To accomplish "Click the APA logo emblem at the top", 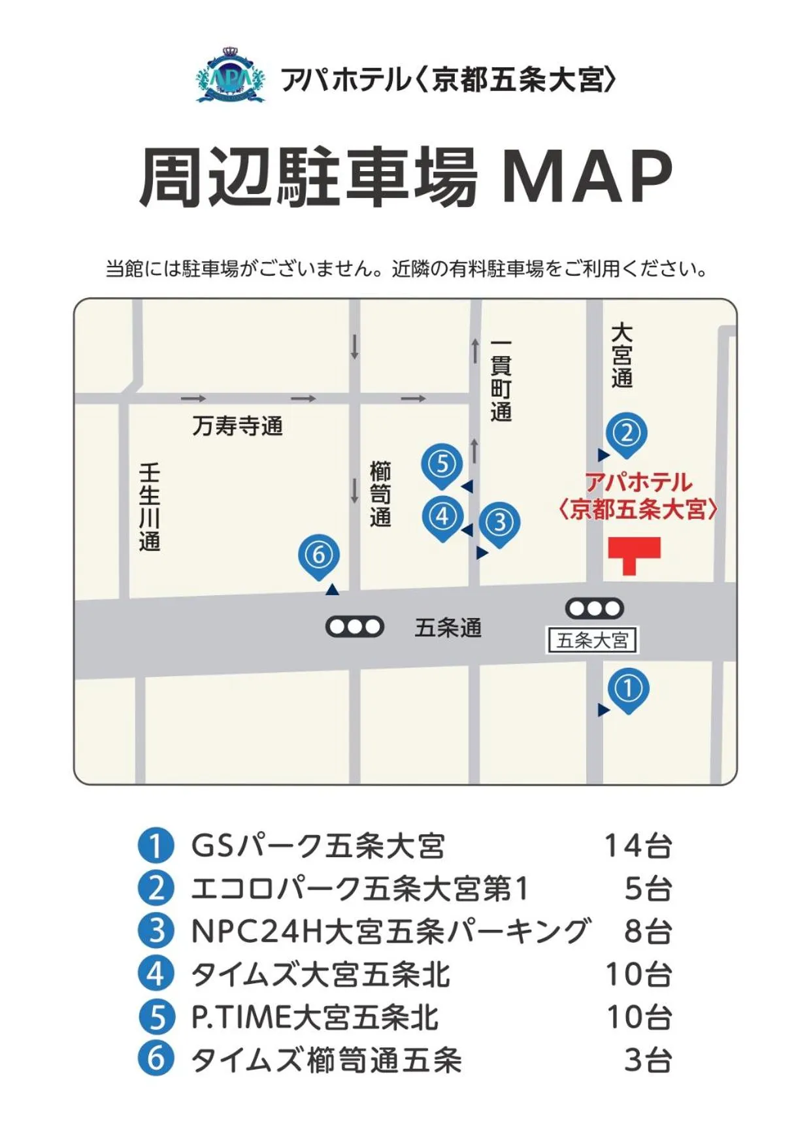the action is tap(231, 77).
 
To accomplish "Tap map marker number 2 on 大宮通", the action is tap(626, 433).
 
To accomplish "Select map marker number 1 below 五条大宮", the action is tap(628, 689).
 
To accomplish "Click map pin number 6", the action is tap(318, 555).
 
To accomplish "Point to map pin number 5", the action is tap(442, 465).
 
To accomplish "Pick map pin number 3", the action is tap(500, 523).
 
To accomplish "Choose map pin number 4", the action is tap(442, 517).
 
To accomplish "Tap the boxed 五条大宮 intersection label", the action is tap(592, 640).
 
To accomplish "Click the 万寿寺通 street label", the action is tap(237, 426).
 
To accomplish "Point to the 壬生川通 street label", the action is tap(149, 507).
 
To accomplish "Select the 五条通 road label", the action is tap(448, 628).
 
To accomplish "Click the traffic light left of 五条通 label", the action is tap(354, 627).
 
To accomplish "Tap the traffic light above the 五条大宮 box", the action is tap(594, 609).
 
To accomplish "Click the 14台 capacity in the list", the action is tap(637, 845).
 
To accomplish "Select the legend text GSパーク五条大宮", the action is tap(318, 845).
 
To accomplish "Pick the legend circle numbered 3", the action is tap(156, 930).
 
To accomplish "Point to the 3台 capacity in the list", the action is tap(647, 1060).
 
